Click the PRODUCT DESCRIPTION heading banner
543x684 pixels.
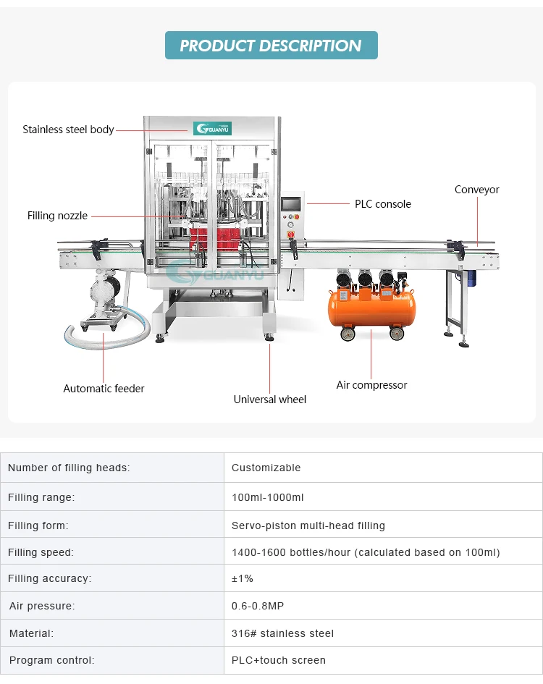(271, 46)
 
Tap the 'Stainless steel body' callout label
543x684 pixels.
(68, 130)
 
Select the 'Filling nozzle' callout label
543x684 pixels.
(57, 216)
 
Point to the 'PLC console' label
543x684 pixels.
(382, 204)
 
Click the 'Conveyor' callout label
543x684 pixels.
(476, 190)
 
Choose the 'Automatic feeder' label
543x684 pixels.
(104, 389)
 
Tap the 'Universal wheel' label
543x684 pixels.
(269, 400)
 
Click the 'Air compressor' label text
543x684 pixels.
(371, 385)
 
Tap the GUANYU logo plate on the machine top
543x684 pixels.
(212, 128)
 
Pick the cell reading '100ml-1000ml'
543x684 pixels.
(267, 497)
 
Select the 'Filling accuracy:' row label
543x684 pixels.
(50, 578)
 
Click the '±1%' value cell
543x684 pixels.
(243, 578)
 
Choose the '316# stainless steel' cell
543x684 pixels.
(282, 633)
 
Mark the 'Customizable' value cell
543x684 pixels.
(266, 468)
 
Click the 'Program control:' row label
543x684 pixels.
(51, 660)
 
